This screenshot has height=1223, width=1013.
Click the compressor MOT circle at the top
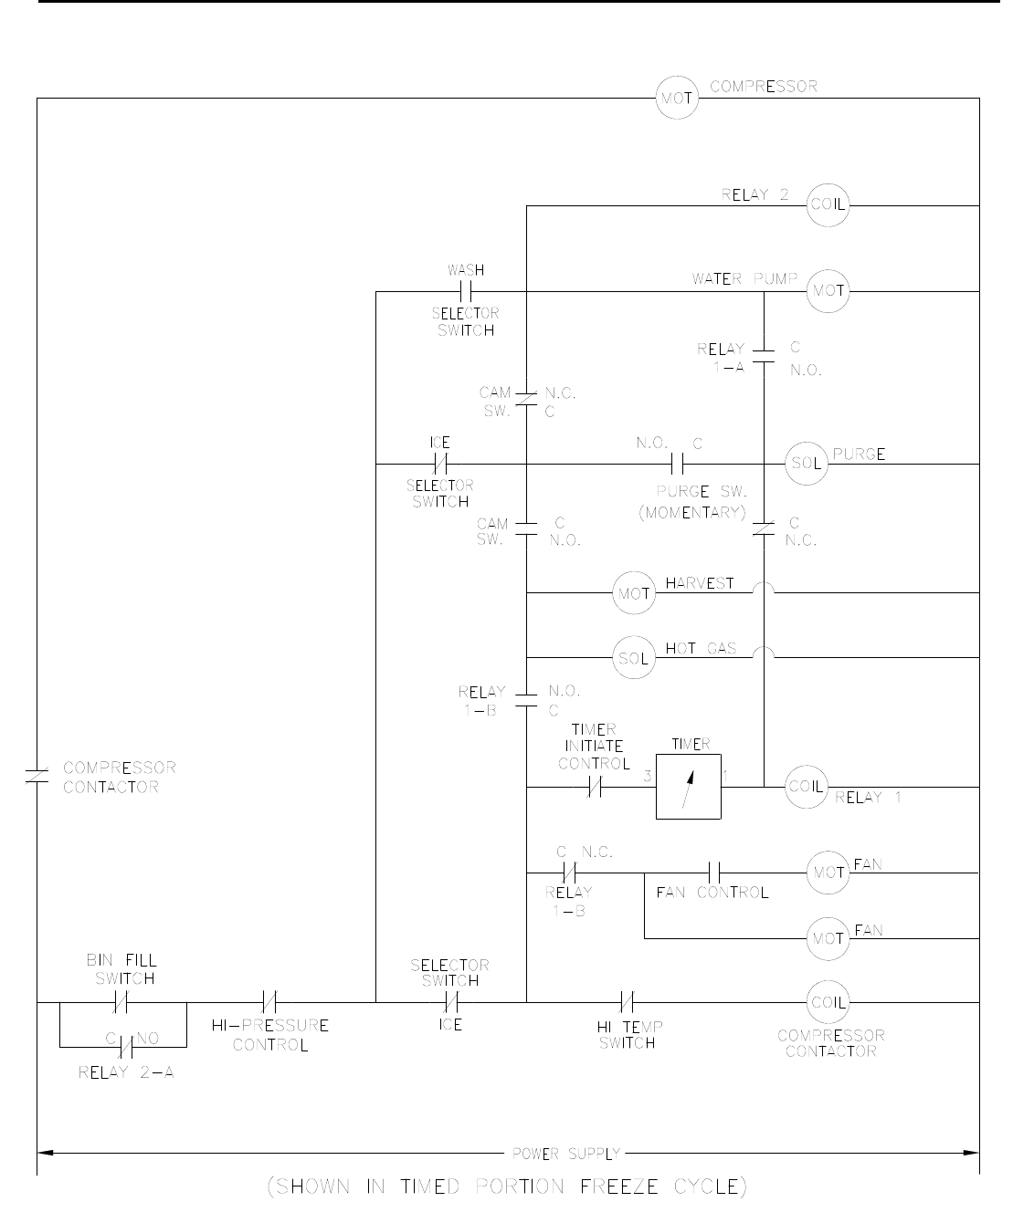pos(678,98)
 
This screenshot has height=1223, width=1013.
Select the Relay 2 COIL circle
pos(828,205)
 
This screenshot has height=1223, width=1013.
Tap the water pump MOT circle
pos(828,292)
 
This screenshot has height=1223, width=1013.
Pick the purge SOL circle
pos(807,464)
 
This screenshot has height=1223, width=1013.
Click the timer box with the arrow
pos(689,786)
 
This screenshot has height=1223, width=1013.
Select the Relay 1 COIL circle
pos(806,787)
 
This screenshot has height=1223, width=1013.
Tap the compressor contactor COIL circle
pos(828,1002)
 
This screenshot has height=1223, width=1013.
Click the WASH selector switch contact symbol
pos(466,292)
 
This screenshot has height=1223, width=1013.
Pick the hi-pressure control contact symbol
pos(269,1002)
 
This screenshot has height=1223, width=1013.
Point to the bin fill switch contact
pos(124,1002)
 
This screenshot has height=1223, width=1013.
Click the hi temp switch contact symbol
pos(628,1002)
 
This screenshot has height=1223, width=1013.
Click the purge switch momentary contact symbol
pos(678,464)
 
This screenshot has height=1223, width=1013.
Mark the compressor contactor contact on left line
pos(37,777)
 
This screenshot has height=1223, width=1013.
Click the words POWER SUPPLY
pos(566,1154)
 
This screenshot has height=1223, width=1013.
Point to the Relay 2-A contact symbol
pos(125,1042)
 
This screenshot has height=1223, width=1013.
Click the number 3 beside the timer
pos(648,777)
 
